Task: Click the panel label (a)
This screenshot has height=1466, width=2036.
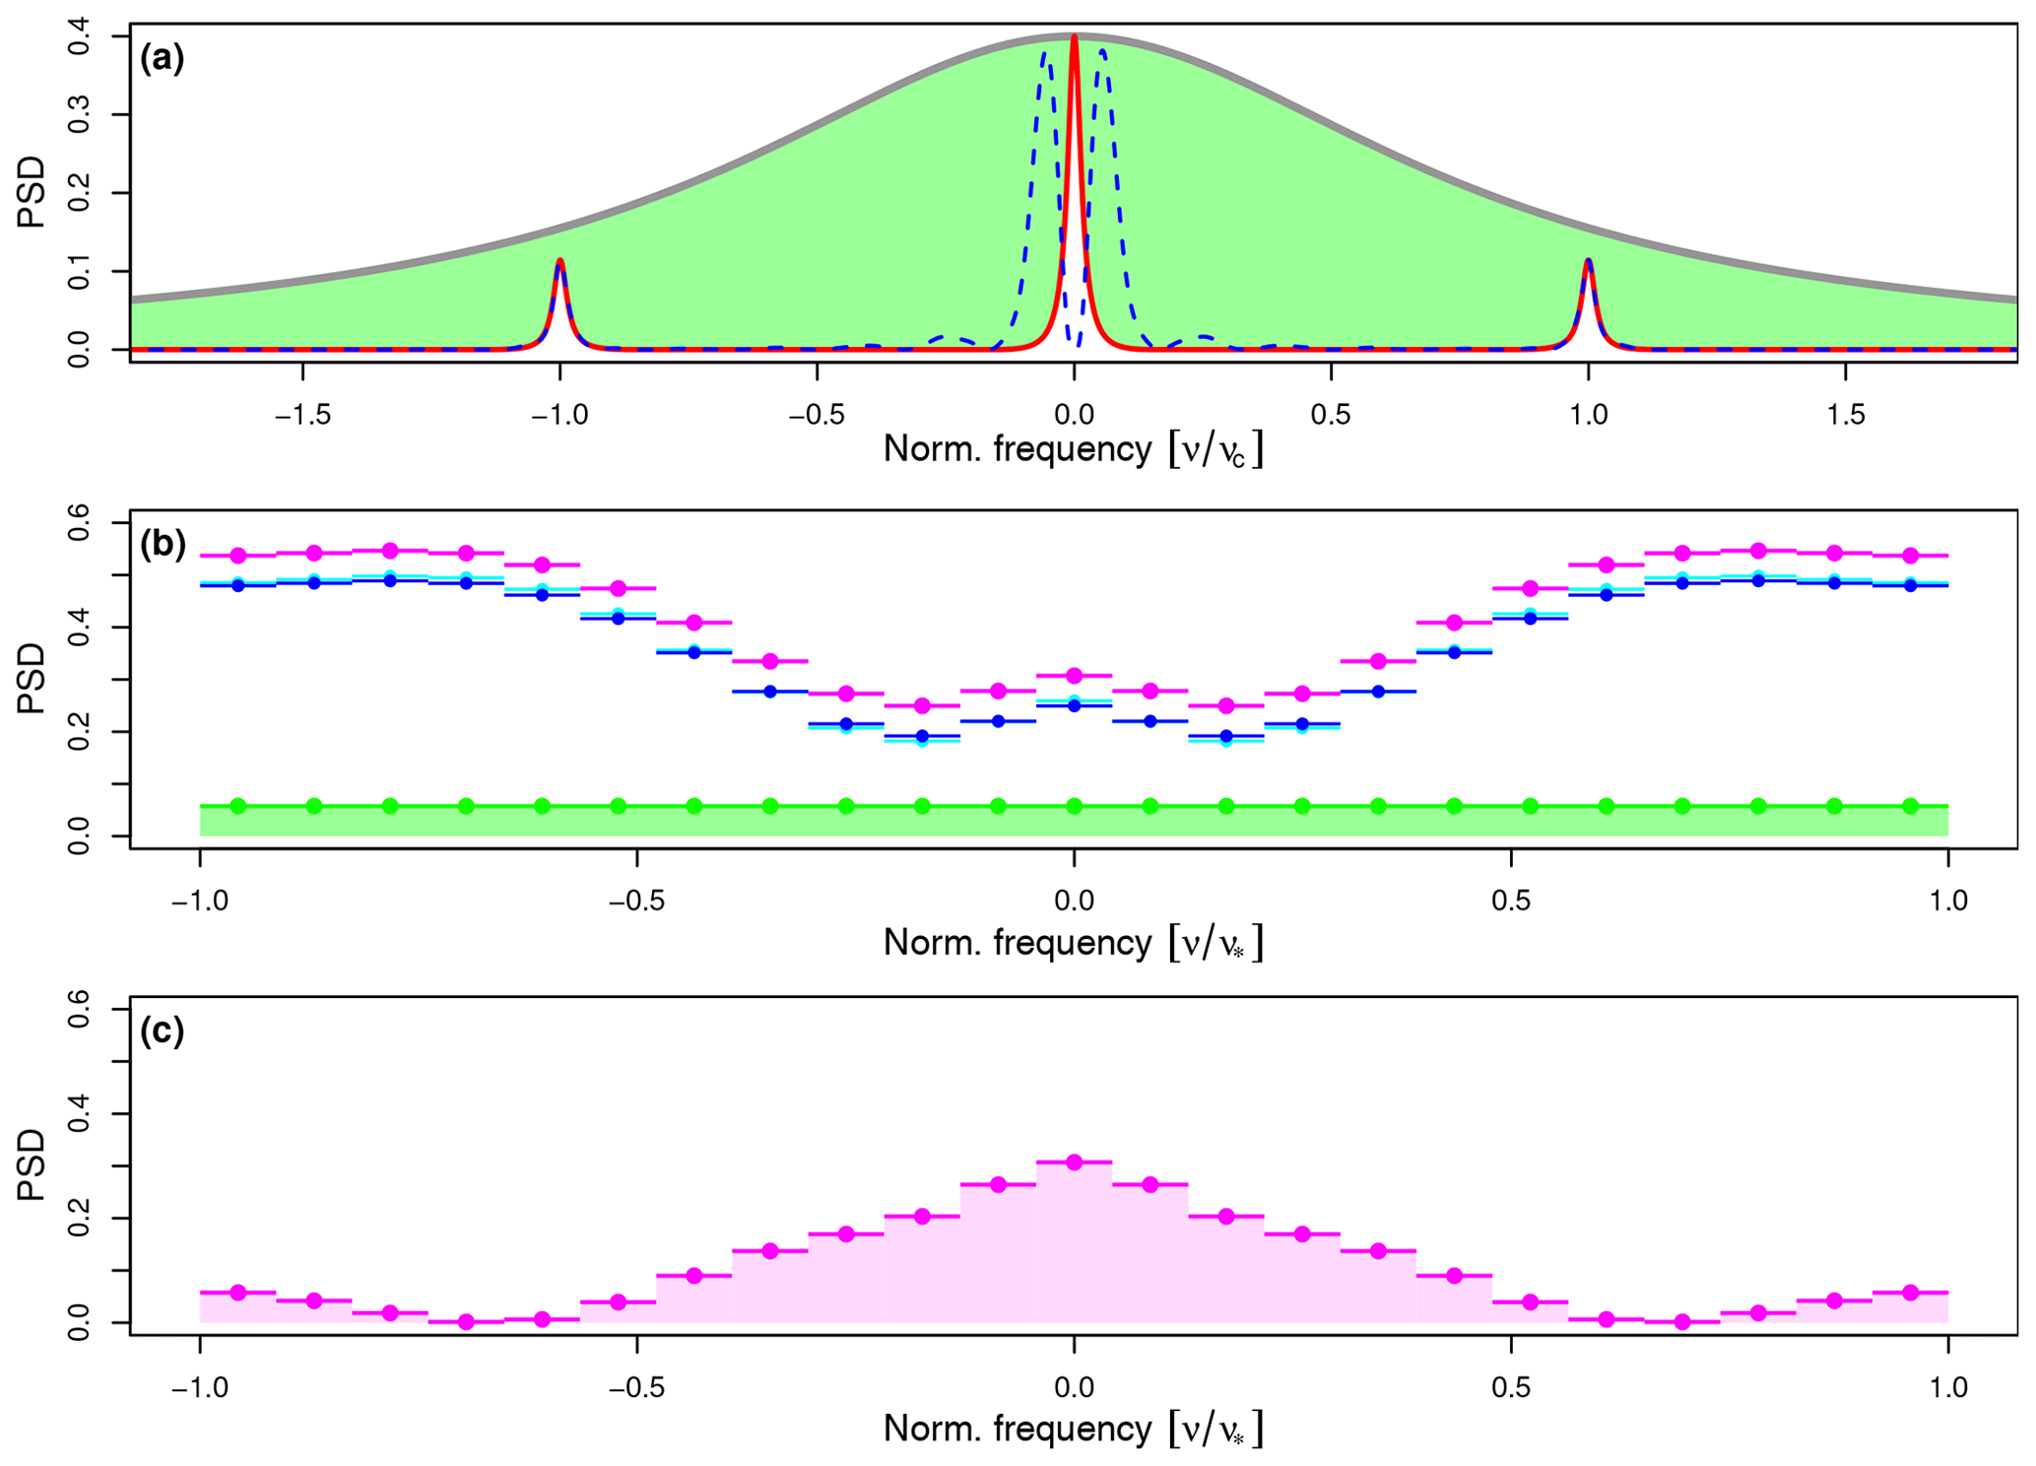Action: [x=163, y=59]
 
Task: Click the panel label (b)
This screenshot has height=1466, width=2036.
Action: [x=163, y=544]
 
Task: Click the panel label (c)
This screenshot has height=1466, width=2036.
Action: [x=163, y=1031]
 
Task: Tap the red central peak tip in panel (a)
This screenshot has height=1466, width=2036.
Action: [x=1074, y=38]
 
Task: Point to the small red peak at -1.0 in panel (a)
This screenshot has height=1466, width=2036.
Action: [x=559, y=262]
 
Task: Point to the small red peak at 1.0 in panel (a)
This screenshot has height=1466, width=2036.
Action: [x=1588, y=262]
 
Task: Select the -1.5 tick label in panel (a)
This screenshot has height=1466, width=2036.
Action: [x=302, y=416]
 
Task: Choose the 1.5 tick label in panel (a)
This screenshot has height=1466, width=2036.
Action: [x=1845, y=416]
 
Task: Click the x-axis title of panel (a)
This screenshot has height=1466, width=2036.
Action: [x=1073, y=450]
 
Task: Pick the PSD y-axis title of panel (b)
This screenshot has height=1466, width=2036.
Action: [x=32, y=679]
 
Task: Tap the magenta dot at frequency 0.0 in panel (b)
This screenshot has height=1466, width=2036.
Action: [x=1074, y=676]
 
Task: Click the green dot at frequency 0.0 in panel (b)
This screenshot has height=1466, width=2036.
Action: [x=1074, y=806]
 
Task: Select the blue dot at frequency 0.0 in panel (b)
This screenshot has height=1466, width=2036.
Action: [x=1074, y=705]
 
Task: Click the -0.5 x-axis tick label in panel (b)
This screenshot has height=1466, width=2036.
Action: [x=636, y=900]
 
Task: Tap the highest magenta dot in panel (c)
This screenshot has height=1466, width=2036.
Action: [x=1074, y=1163]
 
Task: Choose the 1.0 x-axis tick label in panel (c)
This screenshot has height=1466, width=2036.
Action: [x=1947, y=1387]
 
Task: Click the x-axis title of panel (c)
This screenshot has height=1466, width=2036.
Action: [x=1073, y=1429]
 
